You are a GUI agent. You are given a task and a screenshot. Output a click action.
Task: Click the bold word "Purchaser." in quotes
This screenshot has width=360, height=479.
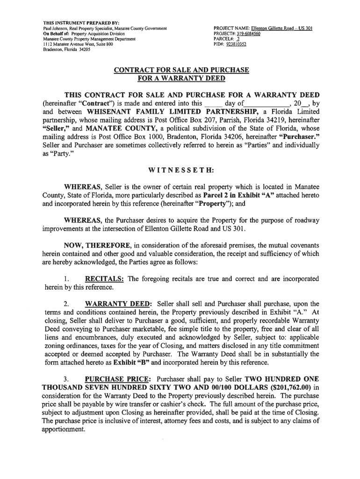click(299, 137)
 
